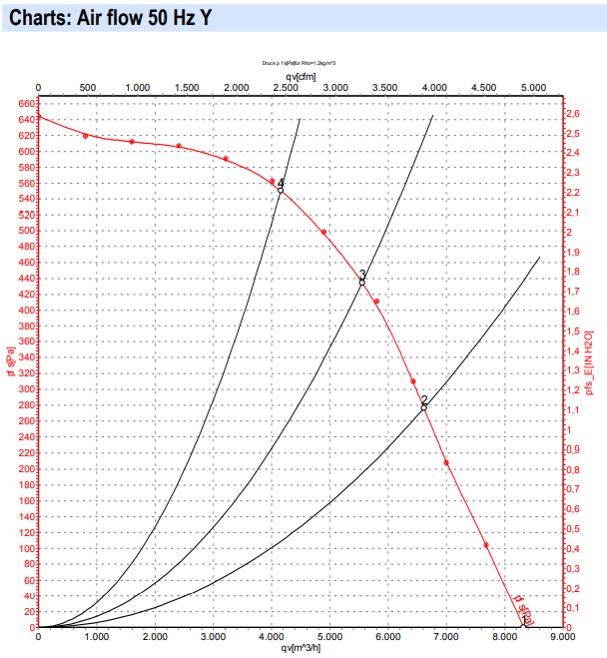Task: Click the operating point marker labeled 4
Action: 281,189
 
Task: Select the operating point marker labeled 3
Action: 362,282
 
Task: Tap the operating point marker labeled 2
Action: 424,406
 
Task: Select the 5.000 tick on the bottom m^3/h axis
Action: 329,636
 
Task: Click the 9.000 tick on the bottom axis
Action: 562,636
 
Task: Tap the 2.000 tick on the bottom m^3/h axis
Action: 155,636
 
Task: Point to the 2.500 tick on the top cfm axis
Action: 285,88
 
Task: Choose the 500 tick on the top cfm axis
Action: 87,88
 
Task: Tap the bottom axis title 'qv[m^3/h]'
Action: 300,647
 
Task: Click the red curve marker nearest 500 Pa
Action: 323,233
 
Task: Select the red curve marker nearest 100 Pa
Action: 486,545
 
